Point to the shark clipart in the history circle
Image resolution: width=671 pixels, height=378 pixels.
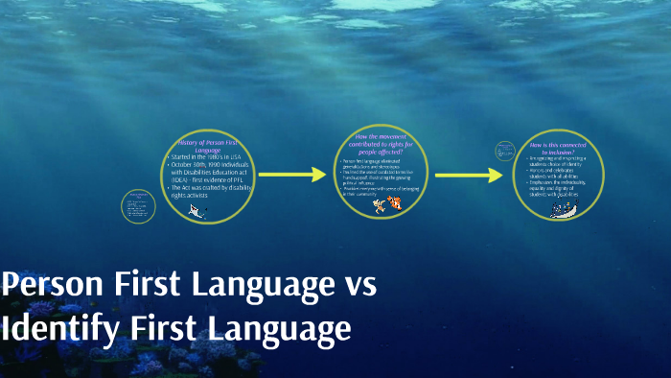coord(198,211)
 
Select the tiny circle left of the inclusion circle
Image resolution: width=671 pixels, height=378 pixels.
coord(505,151)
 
